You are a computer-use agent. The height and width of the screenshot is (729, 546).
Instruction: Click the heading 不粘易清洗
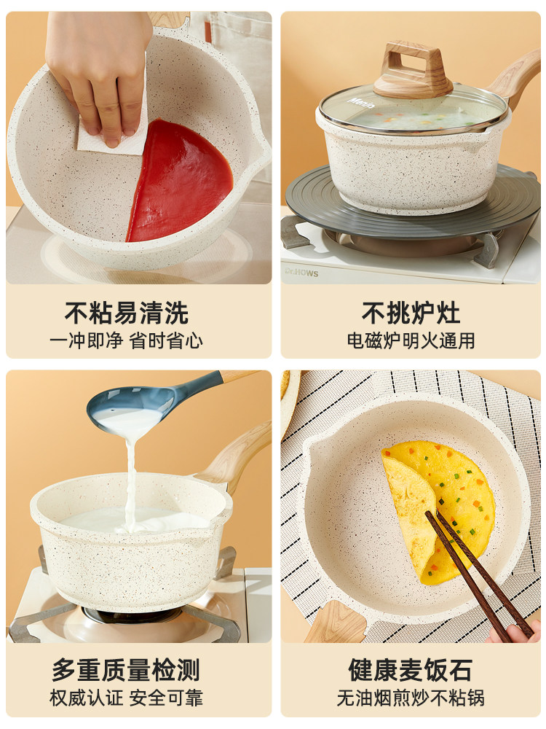(127, 313)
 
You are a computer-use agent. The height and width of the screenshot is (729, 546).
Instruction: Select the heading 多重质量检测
(126, 669)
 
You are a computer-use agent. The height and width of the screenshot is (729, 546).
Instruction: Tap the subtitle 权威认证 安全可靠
(126, 698)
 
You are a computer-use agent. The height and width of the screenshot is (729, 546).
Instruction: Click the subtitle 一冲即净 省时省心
(127, 340)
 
